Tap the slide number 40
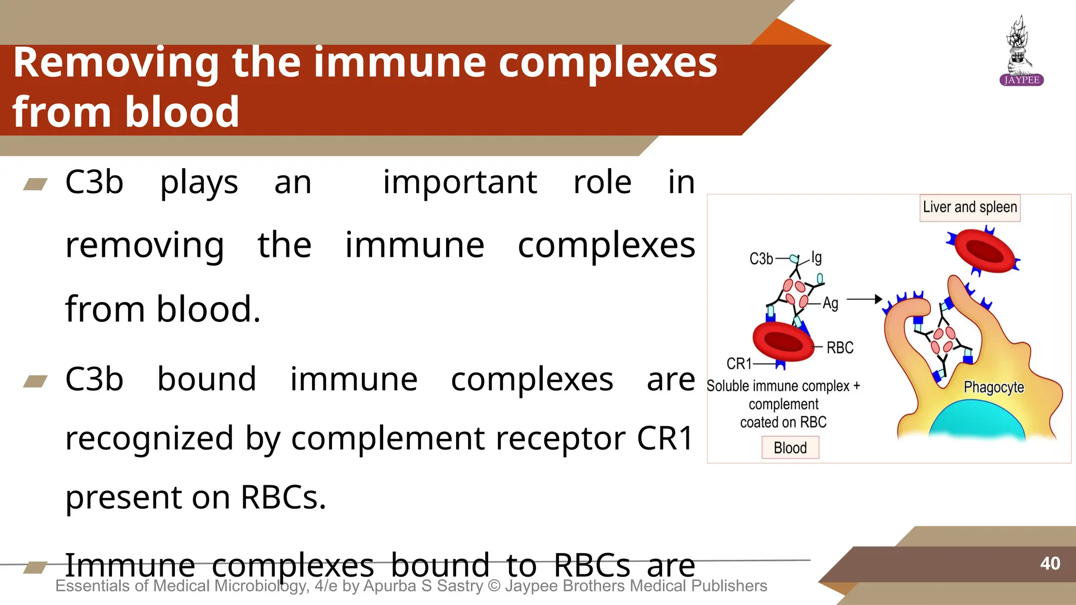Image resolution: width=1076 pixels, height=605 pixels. [1050, 564]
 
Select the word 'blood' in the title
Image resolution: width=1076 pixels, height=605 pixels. [182, 112]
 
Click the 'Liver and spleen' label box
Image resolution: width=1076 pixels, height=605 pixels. [970, 207]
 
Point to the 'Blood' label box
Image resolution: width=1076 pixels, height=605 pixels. [790, 448]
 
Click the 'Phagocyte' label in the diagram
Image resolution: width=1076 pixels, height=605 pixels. [994, 388]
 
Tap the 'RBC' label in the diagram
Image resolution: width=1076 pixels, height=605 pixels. [840, 348]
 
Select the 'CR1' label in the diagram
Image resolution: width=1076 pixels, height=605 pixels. [739, 363]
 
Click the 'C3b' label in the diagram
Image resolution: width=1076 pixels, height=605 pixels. [761, 259]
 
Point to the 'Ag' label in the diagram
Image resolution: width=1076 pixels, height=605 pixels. [831, 304]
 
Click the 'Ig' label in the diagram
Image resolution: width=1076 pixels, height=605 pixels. [816, 257]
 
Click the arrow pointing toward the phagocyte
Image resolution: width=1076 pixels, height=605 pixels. [864, 299]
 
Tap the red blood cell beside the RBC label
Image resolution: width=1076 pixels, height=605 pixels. [783, 341]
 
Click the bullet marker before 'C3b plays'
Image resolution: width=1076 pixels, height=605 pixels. [36, 184]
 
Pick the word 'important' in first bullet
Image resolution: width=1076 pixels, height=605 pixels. [460, 183]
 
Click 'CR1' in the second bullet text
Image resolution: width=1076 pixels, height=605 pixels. [665, 438]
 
